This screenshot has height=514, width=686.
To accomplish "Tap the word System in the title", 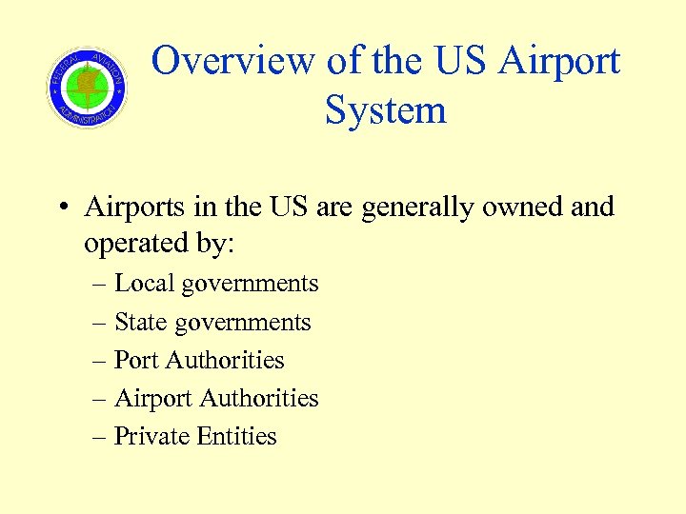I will click(385, 109).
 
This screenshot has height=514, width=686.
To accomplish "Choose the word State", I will click(140, 322).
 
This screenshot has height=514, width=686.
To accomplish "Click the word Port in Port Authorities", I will click(136, 360).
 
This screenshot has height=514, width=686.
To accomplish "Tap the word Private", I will click(151, 436).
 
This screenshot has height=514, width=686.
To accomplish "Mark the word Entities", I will click(236, 436).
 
